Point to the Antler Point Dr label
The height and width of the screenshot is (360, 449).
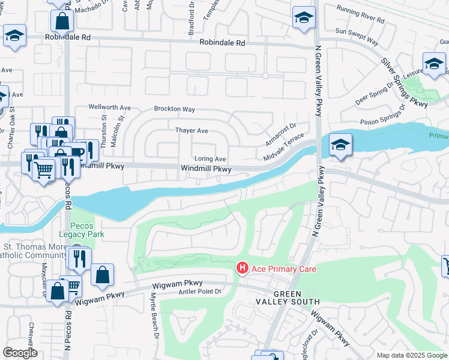pyautogui.click(x=200, y=292)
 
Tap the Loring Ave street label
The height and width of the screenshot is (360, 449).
pyautogui.click(x=209, y=159)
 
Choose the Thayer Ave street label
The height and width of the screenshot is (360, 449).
pyautogui.click(x=191, y=130)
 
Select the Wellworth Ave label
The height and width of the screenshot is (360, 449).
pyautogui.click(x=109, y=107)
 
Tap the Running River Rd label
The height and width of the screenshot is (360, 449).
pyautogui.click(x=360, y=15)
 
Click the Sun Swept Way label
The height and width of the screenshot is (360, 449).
pyautogui.click(x=357, y=37)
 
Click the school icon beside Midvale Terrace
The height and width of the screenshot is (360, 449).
pyautogui.click(x=340, y=145)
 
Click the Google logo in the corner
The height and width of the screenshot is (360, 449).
pyautogui.click(x=20, y=353)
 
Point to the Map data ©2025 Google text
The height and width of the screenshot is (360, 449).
pyautogui.click(x=411, y=355)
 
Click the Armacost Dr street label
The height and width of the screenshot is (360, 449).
pyautogui.click(x=281, y=134)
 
